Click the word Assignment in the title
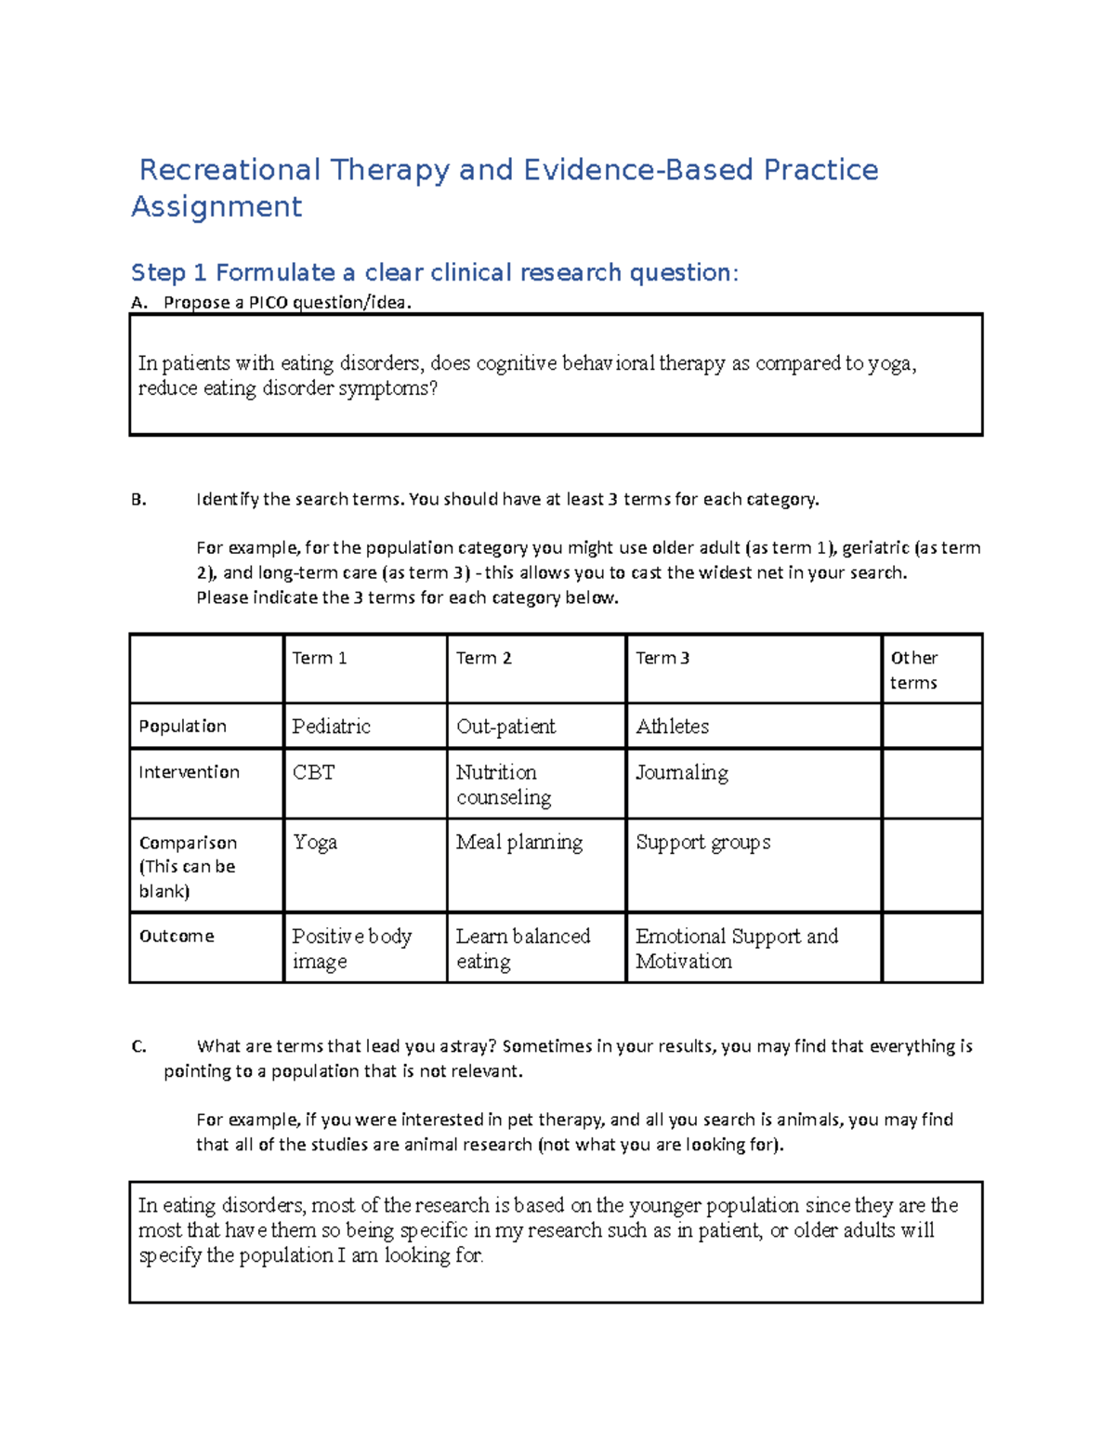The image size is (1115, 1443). click(x=216, y=206)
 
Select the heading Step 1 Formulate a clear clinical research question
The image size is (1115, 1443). click(x=434, y=272)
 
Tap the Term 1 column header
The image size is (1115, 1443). click(x=320, y=658)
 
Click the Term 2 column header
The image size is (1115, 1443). click(x=483, y=658)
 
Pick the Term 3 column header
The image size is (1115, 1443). click(x=662, y=658)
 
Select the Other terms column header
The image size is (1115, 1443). click(x=914, y=670)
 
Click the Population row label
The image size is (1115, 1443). click(x=182, y=726)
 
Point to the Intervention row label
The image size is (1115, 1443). click(x=189, y=772)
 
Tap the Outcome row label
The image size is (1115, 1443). click(x=177, y=936)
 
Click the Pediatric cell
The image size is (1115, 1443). click(x=331, y=727)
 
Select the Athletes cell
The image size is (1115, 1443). click(x=672, y=727)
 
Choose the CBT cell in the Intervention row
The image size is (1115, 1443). click(x=313, y=773)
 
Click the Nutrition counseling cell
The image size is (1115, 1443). click(x=503, y=785)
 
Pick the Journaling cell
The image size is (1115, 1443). click(x=682, y=773)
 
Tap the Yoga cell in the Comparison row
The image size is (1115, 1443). click(x=315, y=843)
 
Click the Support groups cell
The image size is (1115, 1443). click(x=702, y=843)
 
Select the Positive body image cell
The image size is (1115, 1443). click(x=351, y=949)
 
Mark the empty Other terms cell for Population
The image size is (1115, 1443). click(x=931, y=727)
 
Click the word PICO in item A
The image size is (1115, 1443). click(x=269, y=302)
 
